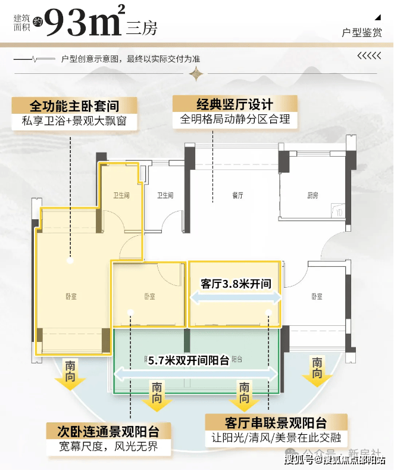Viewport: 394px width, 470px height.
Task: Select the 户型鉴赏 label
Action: pyautogui.click(x=362, y=33)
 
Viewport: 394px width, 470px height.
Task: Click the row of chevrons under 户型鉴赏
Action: pyautogui.click(x=369, y=57)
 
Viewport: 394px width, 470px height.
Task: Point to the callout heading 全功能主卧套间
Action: pyautogui.click(x=74, y=106)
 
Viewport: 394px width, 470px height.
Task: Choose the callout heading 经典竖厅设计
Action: pyautogui.click(x=236, y=103)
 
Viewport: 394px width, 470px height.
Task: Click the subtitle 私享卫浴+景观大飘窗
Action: pyautogui.click(x=74, y=123)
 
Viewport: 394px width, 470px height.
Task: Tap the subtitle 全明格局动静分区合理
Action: pyautogui.click(x=236, y=119)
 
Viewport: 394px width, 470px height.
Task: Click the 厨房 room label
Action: pyautogui.click(x=313, y=195)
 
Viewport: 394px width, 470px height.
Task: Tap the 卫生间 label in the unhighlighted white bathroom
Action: pyautogui.click(x=165, y=195)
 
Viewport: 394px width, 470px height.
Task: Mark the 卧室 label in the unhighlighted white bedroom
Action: pyautogui.click(x=316, y=297)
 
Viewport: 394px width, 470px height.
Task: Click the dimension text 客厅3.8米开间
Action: pyautogui.click(x=236, y=284)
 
